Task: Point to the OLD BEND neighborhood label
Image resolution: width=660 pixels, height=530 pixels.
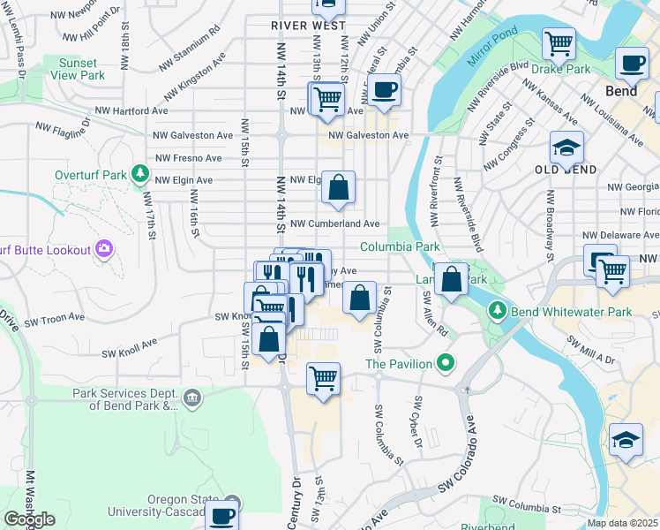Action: click(x=566, y=169)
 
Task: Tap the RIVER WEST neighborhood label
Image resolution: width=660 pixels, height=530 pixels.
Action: click(x=308, y=26)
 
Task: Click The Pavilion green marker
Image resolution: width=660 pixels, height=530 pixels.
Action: click(x=446, y=363)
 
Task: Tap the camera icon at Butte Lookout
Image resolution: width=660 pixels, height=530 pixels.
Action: click(x=104, y=250)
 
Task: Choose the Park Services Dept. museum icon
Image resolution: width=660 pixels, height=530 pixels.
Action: click(x=191, y=399)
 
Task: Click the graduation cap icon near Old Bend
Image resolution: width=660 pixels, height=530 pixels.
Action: click(x=566, y=147)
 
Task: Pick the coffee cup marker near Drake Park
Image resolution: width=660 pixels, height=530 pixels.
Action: click(x=631, y=64)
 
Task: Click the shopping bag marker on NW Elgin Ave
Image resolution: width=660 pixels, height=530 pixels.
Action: click(x=338, y=187)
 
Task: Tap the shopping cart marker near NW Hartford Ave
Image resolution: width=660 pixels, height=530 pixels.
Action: click(x=327, y=99)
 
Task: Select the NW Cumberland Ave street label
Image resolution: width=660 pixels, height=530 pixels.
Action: click(x=334, y=224)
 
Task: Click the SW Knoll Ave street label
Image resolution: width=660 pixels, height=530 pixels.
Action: click(x=128, y=345)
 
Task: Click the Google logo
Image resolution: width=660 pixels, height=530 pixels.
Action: click(x=28, y=519)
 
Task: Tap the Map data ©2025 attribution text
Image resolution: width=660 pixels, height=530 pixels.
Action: click(x=621, y=523)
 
